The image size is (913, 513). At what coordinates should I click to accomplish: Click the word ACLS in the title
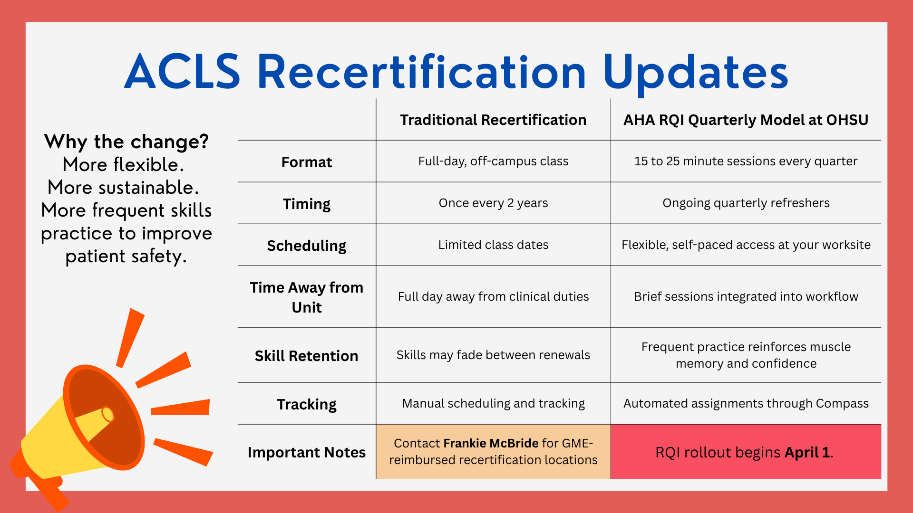183,72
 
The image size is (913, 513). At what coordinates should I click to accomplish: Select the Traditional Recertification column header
493,120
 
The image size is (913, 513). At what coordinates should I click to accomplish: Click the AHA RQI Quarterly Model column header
746,120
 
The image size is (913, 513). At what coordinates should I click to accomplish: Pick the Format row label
306,162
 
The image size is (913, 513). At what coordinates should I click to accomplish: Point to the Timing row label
306,204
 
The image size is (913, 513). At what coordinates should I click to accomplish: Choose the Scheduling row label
306,246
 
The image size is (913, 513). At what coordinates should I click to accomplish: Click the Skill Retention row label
306,356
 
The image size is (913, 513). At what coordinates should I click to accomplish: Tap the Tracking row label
306,404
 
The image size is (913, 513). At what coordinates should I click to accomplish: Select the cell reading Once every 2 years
493,203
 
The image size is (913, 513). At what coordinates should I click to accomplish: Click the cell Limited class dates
493,245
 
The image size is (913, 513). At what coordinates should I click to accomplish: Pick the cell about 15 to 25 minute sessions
746,161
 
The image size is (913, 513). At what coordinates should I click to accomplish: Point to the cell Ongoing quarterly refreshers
746,203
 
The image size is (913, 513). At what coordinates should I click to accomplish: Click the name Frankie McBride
491,443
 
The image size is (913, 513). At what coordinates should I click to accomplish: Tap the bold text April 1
807,452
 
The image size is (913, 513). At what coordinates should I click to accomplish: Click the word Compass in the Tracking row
842,403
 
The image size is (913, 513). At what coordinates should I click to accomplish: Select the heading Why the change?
126,142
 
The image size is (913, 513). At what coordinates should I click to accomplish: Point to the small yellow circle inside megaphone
108,414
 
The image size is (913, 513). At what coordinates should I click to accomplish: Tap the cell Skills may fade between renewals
493,355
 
